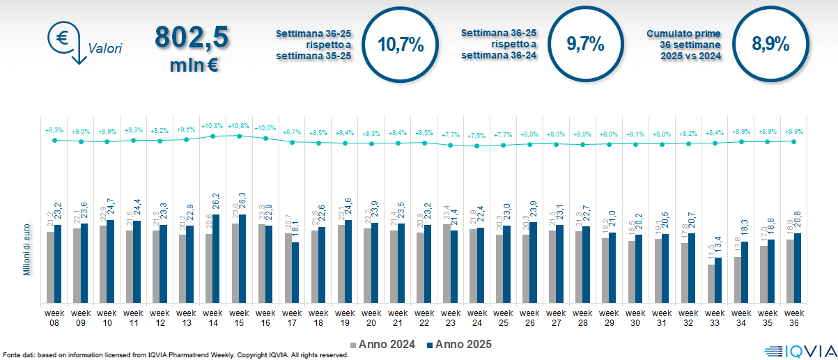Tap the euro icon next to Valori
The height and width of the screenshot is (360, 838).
click(62, 38)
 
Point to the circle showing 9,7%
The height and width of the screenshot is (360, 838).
click(585, 45)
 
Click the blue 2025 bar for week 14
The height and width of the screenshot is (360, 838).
click(217, 258)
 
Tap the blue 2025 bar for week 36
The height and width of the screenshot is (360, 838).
click(798, 268)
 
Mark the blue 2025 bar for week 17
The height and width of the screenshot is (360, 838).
click(295, 272)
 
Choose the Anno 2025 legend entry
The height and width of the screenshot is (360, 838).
click(459, 345)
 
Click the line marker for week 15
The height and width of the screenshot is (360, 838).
click(239, 136)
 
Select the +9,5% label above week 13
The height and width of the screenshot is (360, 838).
click(186, 130)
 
